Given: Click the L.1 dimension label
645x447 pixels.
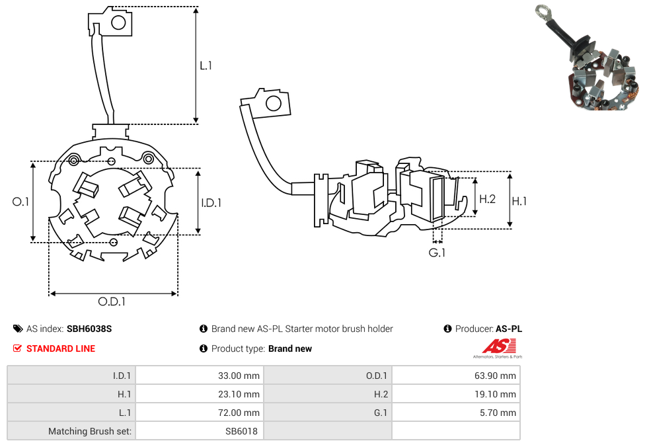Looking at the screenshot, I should point(206,65).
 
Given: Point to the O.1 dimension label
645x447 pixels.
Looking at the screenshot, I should point(21,202).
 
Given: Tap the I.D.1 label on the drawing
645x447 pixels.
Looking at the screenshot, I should point(211,203).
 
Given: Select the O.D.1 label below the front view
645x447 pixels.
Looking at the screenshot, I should point(112,302).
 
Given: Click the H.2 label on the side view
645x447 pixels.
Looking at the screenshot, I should point(487,198).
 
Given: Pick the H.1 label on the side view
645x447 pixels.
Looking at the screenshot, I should point(519,201).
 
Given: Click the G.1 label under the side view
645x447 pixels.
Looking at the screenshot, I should point(437,253).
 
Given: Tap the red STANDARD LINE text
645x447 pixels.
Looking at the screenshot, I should point(60,348).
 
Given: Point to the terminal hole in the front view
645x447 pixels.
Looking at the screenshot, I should point(119,22).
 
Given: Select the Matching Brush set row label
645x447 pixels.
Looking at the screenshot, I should point(90,431).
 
